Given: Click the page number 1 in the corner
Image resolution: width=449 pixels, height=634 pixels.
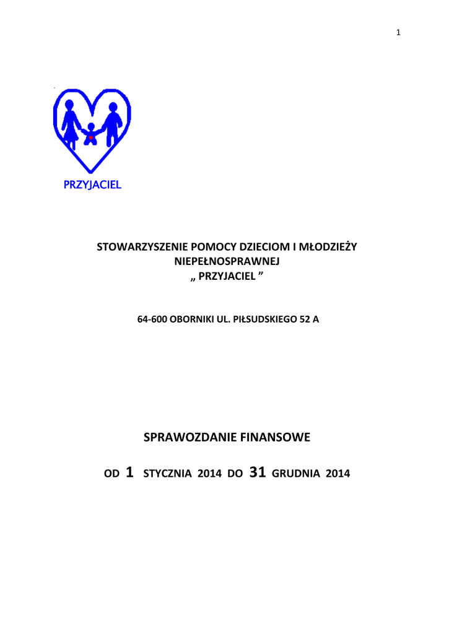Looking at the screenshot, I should pyautogui.click(x=399, y=33).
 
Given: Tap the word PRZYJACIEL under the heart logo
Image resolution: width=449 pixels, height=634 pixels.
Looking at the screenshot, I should pyautogui.click(x=93, y=185).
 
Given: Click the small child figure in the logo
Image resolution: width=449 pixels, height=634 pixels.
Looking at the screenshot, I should pyautogui.click(x=91, y=134).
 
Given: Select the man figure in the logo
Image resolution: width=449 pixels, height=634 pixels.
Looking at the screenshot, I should pyautogui.click(x=112, y=123).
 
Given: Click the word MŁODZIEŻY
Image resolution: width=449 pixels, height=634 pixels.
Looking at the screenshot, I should pyautogui.click(x=328, y=247).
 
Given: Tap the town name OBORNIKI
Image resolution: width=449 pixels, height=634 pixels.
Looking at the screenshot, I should pyautogui.click(x=190, y=321).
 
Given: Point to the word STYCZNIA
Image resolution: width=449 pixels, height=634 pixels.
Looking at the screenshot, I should pyautogui.click(x=168, y=474).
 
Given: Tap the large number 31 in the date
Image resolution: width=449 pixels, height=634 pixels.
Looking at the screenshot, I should pyautogui.click(x=257, y=472).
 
